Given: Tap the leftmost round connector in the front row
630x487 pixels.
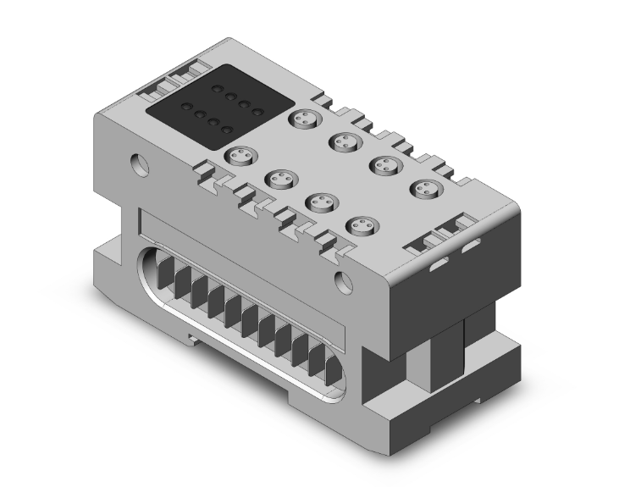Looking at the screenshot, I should (x=240, y=156).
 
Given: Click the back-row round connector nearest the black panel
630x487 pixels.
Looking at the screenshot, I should (x=302, y=119).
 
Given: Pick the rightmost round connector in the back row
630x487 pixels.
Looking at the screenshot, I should (x=423, y=188).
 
